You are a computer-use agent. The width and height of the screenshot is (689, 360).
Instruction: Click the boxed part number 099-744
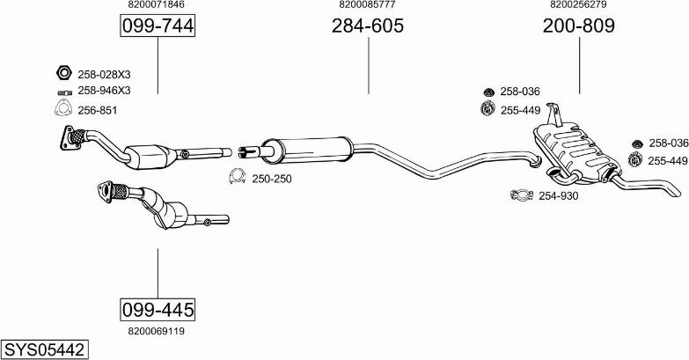pos(158,26)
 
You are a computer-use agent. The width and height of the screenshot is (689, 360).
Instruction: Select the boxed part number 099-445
pos(158,310)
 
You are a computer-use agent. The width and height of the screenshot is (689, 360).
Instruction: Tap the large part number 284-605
pos(367,26)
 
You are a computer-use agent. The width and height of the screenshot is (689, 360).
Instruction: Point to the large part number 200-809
pos(579,26)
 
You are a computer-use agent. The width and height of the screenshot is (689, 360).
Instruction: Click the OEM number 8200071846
pos(157,4)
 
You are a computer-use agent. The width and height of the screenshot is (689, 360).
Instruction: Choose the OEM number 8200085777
pos(367,4)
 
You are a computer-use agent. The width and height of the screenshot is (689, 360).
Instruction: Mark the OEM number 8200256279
pos(578,4)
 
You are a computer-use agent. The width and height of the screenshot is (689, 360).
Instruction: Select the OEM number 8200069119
pos(157,331)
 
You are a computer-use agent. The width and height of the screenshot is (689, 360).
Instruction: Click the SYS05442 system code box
pos(44,350)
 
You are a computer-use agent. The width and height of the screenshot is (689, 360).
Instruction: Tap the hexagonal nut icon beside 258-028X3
pos(63,72)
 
